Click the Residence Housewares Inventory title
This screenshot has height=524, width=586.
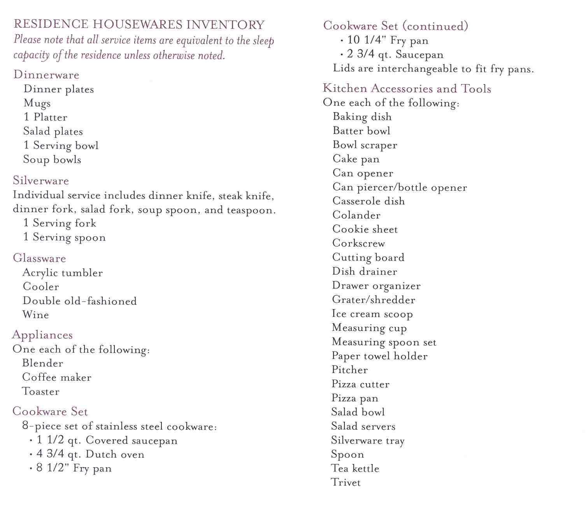pyautogui.click(x=139, y=25)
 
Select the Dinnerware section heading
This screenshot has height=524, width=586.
pyautogui.click(x=46, y=75)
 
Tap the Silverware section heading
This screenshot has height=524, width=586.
pyautogui.click(x=41, y=181)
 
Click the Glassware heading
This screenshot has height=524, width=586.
pyautogui.click(x=39, y=258)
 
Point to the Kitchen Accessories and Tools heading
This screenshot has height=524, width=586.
pyautogui.click(x=407, y=89)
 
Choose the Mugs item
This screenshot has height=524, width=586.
pyautogui.click(x=37, y=103)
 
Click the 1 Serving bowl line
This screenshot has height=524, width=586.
pyautogui.click(x=61, y=146)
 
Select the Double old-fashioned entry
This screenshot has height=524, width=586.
pyautogui.click(x=80, y=301)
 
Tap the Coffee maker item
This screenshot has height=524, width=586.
pyautogui.click(x=57, y=377)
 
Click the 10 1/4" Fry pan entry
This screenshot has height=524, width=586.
pyautogui.click(x=388, y=40)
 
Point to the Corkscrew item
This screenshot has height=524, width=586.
pyautogui.click(x=358, y=243)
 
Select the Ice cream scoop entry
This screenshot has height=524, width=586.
pyautogui.click(x=372, y=314)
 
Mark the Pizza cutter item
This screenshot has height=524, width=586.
pyautogui.click(x=360, y=384)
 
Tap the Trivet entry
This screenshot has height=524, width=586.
pyautogui.click(x=346, y=483)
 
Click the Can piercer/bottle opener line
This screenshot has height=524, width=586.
pyautogui.click(x=400, y=187)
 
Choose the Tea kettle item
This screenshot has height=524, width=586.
pyautogui.click(x=355, y=468)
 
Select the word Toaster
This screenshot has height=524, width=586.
pyautogui.click(x=41, y=391)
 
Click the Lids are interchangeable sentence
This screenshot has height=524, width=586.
pyautogui.click(x=433, y=69)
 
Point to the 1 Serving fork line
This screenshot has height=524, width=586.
pyautogui.click(x=60, y=223)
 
